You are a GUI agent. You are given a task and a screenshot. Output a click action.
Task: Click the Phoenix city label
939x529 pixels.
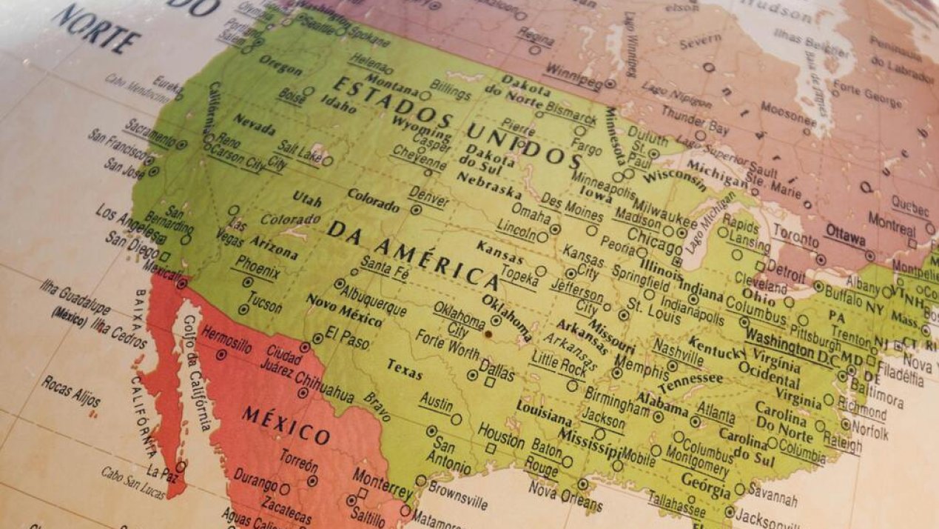pos(258,268)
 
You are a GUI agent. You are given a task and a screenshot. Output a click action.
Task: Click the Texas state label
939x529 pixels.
pos(404,369)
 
